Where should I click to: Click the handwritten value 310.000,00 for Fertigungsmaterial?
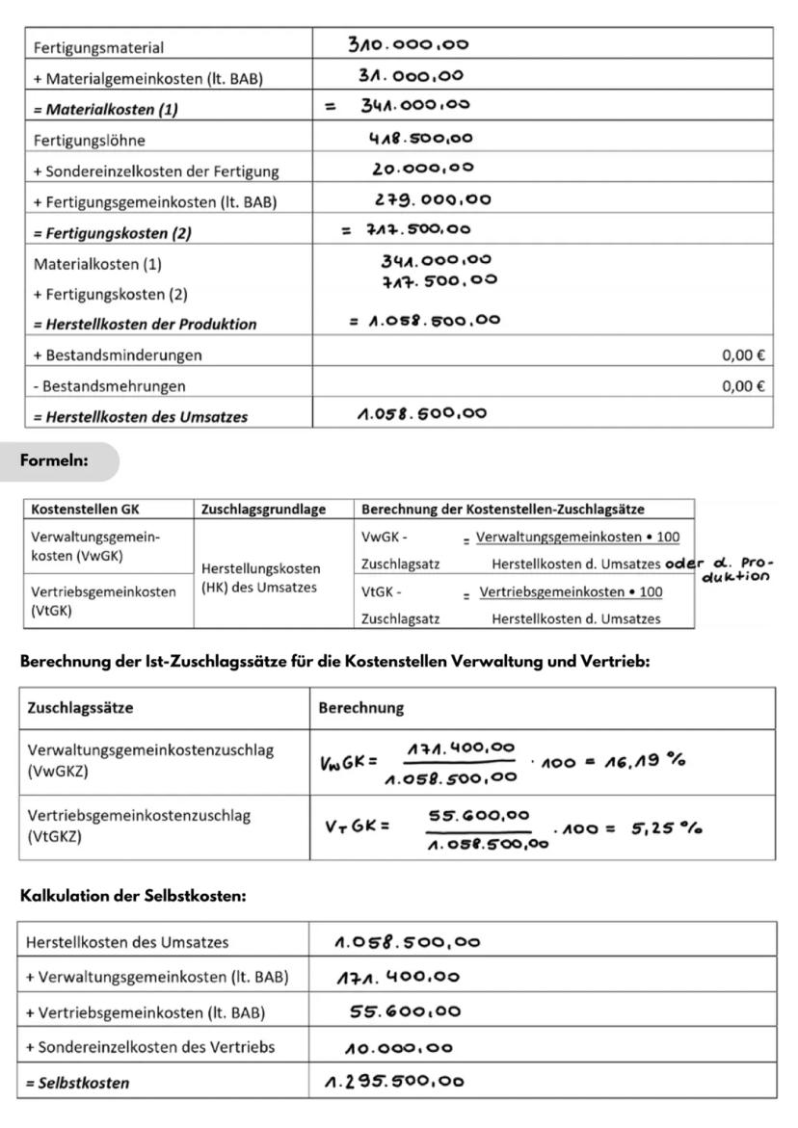click(x=410, y=44)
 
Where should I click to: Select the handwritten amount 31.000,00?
click(x=411, y=76)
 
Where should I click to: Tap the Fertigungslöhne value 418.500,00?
click(x=420, y=138)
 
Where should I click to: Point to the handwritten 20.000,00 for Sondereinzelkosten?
click(x=423, y=169)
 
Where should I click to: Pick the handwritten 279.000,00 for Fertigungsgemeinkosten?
click(x=433, y=200)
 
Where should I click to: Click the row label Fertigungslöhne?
click(x=89, y=140)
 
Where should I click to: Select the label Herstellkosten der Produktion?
click(x=145, y=324)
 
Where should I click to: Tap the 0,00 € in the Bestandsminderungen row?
click(x=743, y=354)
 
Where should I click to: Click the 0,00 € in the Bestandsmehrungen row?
click(x=743, y=385)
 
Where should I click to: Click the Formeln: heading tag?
click(x=54, y=461)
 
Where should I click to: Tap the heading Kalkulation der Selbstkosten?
click(x=133, y=895)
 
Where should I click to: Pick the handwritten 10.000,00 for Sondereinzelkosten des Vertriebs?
click(x=398, y=1047)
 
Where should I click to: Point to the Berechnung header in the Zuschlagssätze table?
click(x=360, y=708)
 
